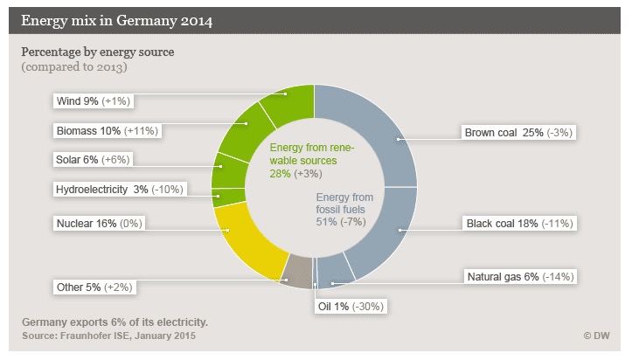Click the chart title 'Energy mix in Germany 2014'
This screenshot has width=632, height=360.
(x=115, y=19)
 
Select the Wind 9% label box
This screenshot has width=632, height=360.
(x=92, y=101)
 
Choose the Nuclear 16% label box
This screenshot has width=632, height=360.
(x=98, y=223)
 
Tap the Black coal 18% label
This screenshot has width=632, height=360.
(x=519, y=223)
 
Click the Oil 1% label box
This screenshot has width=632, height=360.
(x=350, y=306)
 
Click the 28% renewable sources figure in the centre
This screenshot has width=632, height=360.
(x=281, y=175)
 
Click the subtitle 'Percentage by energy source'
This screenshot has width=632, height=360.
(x=98, y=52)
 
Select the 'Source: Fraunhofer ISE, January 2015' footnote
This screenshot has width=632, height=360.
(x=108, y=336)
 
